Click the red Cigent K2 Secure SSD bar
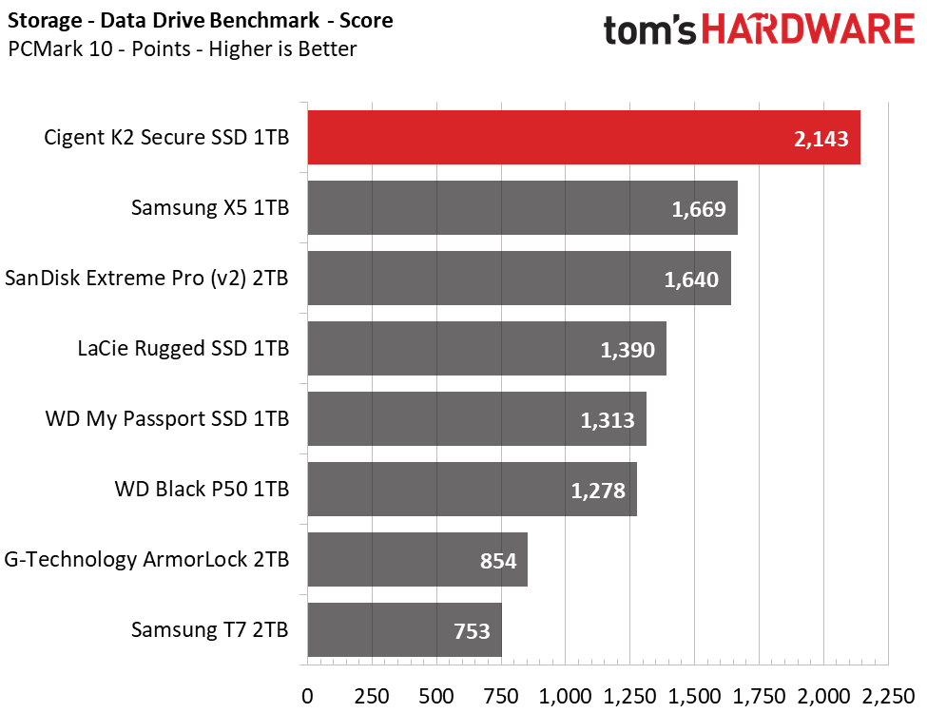[x=584, y=137]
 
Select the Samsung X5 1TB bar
[x=522, y=207]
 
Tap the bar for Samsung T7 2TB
[x=404, y=629]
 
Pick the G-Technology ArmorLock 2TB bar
[x=417, y=559]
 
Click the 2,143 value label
[x=821, y=139]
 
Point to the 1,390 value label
[x=628, y=350]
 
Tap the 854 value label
[x=498, y=561]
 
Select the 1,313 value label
[x=608, y=420]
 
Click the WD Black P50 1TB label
[x=202, y=489]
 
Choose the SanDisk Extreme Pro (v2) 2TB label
[x=146, y=278]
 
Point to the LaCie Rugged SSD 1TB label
[x=183, y=348]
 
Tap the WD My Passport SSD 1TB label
[x=167, y=418]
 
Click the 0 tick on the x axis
[x=307, y=696]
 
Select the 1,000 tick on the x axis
[x=565, y=696]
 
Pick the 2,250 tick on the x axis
[x=888, y=696]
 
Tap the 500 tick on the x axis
[x=436, y=696]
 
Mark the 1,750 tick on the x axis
[x=759, y=696]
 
